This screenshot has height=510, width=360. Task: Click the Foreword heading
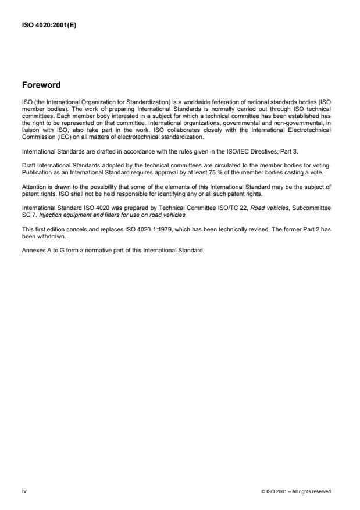click(x=41, y=85)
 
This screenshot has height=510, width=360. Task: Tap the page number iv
click(x=24, y=491)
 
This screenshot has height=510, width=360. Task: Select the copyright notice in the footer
click(x=297, y=491)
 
